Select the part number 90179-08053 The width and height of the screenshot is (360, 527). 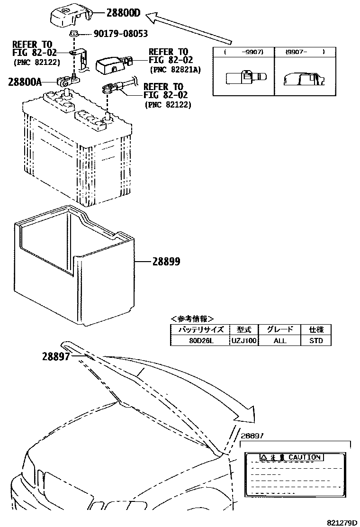113,34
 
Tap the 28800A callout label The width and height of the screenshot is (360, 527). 25,82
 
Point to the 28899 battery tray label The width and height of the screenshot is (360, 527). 166,261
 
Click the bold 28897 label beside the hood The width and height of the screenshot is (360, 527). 56,356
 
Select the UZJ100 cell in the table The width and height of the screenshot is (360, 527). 244,340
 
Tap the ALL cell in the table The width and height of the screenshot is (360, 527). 280,340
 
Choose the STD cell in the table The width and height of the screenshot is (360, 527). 316,340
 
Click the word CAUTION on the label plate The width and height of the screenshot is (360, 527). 304,457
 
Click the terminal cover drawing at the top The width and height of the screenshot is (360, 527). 71,16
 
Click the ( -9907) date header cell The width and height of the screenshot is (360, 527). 243,52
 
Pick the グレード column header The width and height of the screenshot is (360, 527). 280,329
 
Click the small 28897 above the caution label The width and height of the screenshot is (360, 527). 252,436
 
